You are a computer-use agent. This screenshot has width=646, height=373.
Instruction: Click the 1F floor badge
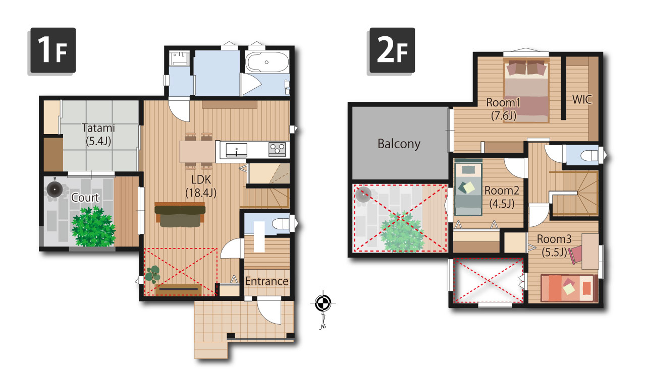[x=53, y=50]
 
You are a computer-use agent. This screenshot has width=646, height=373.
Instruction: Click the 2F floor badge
[x=392, y=50]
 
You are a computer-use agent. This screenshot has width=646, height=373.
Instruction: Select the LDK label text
[x=201, y=186]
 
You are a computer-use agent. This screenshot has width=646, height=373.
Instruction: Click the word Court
[x=85, y=198]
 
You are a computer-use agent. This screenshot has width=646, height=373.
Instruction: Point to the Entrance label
[x=266, y=281]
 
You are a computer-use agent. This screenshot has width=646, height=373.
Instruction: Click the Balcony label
[x=399, y=144]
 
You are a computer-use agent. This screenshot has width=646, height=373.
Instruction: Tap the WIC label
[x=582, y=100]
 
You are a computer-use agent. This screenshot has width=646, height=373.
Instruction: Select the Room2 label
[x=502, y=197]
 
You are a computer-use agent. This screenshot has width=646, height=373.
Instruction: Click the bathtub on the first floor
[x=267, y=62]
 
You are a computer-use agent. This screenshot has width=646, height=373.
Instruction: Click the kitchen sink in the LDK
[x=236, y=150]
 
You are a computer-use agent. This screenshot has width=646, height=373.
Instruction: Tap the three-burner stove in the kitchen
[x=277, y=149]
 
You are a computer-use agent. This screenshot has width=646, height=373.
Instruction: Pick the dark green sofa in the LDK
[x=180, y=215]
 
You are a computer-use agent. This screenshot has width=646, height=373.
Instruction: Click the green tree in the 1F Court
[x=93, y=227]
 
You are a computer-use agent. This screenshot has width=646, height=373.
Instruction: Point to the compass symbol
[x=323, y=303]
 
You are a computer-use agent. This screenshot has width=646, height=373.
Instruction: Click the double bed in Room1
[x=526, y=90]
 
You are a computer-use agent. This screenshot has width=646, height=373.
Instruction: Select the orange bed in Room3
[x=569, y=288]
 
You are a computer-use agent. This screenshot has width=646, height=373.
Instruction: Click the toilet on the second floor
[x=589, y=156]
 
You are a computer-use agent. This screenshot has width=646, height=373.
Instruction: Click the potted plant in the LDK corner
[x=152, y=274]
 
